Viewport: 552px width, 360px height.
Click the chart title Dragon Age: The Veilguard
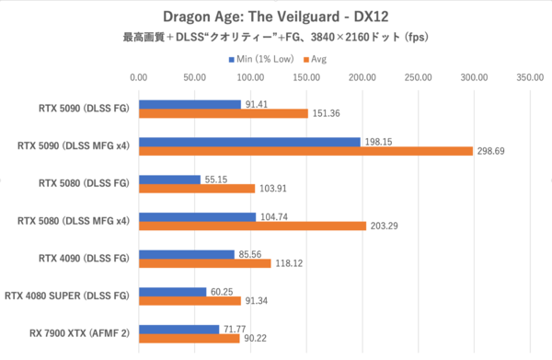(x=275, y=17)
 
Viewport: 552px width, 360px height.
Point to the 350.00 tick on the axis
(x=530, y=78)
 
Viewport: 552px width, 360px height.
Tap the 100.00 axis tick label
(x=250, y=78)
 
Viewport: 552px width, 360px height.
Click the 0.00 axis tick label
(x=138, y=78)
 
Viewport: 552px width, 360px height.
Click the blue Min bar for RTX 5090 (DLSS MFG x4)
(x=249, y=142)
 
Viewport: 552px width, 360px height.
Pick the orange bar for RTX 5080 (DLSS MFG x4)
(x=252, y=226)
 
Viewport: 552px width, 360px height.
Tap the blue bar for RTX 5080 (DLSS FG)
(x=169, y=180)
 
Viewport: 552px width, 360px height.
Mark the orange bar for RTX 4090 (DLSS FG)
(x=204, y=263)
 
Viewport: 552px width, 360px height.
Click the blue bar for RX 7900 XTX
(x=178, y=330)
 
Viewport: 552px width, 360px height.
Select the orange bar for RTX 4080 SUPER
(x=190, y=301)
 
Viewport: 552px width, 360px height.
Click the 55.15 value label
(x=217, y=180)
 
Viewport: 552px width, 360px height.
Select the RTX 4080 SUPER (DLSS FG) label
(x=65, y=296)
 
